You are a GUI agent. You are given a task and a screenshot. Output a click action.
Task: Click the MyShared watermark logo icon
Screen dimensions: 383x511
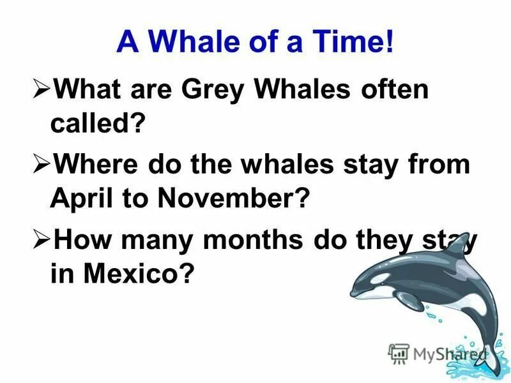(x=399, y=352)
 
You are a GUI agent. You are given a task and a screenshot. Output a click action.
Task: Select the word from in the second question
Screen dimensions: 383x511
(x=441, y=165)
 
